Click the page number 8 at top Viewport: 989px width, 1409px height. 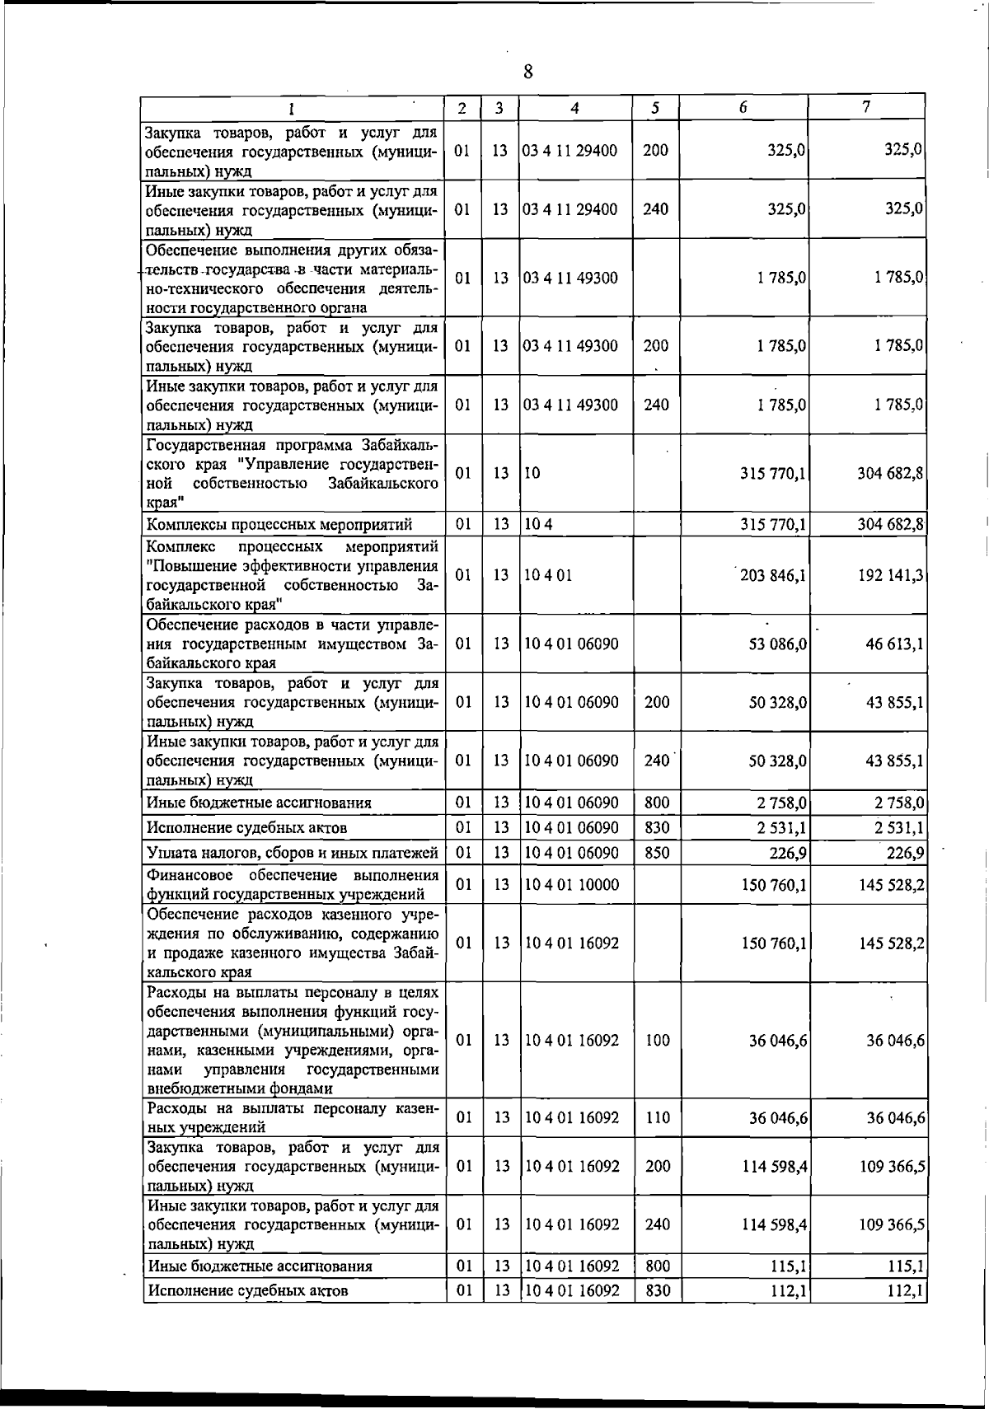[527, 72]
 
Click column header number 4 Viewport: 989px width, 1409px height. [574, 108]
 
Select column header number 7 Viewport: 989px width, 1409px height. [865, 107]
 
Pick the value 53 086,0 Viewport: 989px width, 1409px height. [777, 643]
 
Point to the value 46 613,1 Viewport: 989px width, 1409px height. [894, 643]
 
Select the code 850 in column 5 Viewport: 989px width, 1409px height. [657, 853]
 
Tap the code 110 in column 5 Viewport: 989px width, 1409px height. [657, 1117]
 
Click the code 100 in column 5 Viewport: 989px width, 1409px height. [657, 1041]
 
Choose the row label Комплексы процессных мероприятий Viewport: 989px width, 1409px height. [279, 524]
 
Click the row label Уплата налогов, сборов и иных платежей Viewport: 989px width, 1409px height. [292, 853]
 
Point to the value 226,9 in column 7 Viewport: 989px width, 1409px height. [904, 853]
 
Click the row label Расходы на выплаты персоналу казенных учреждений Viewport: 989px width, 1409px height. [292, 1117]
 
